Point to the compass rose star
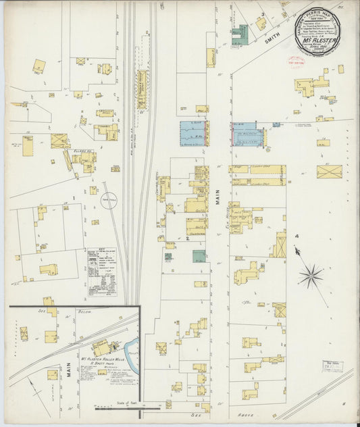(x=311, y=274)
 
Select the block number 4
(x=296, y=236)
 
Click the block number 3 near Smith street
(x=262, y=14)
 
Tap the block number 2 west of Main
(x=187, y=238)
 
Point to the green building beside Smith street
(x=239, y=35)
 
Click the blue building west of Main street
(x=194, y=134)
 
